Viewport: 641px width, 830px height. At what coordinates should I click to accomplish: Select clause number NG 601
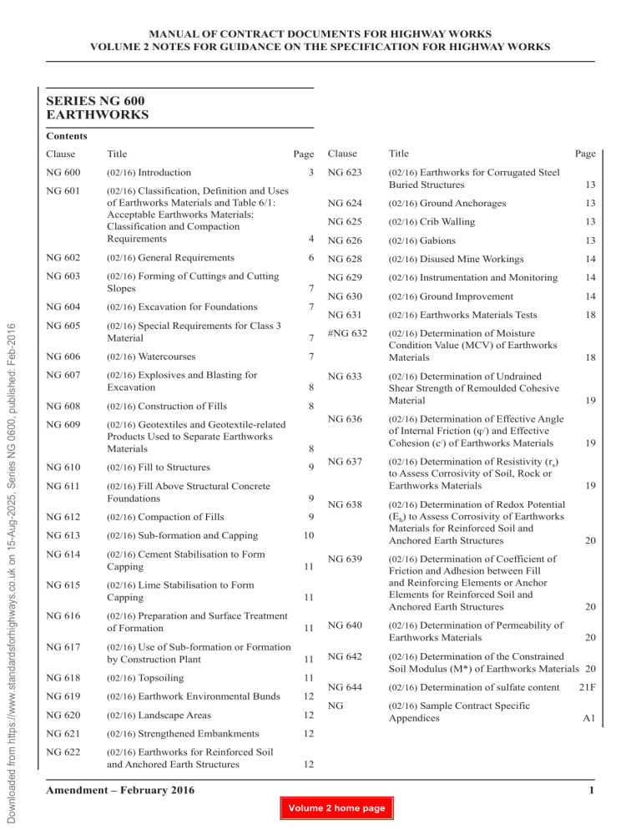click(65, 197)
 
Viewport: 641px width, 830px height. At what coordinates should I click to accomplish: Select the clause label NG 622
click(65, 751)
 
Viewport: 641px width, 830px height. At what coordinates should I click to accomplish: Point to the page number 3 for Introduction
click(310, 172)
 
